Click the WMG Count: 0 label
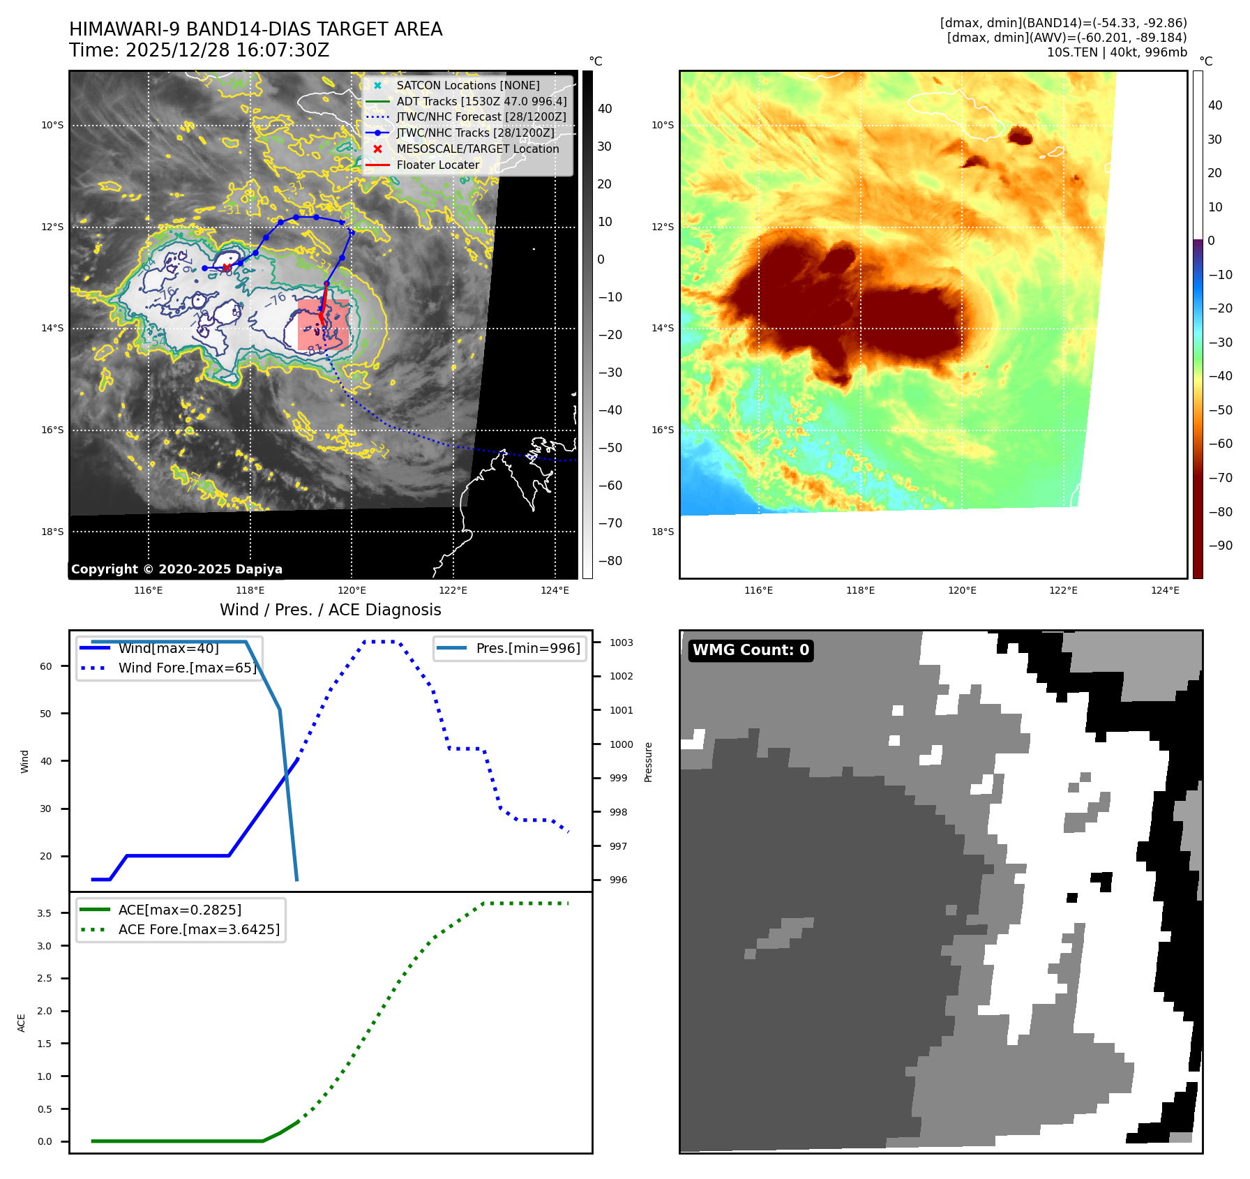(x=751, y=650)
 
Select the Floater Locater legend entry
(x=437, y=165)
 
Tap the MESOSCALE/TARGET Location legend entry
(x=477, y=149)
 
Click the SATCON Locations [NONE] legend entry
(x=467, y=86)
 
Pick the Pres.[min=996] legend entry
(x=527, y=649)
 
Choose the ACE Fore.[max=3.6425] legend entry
(x=199, y=930)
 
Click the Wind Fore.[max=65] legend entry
(x=187, y=668)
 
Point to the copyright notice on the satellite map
(x=176, y=569)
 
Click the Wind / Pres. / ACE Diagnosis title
(x=330, y=610)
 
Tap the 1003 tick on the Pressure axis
(x=621, y=643)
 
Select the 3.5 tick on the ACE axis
(x=44, y=913)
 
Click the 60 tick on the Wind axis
(x=45, y=666)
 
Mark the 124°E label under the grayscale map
(x=555, y=591)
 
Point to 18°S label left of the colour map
(x=662, y=532)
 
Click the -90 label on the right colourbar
(x=1220, y=546)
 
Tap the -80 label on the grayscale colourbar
(x=610, y=561)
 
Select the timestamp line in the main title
(x=199, y=51)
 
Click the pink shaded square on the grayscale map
(x=323, y=324)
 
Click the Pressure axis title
(x=648, y=762)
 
